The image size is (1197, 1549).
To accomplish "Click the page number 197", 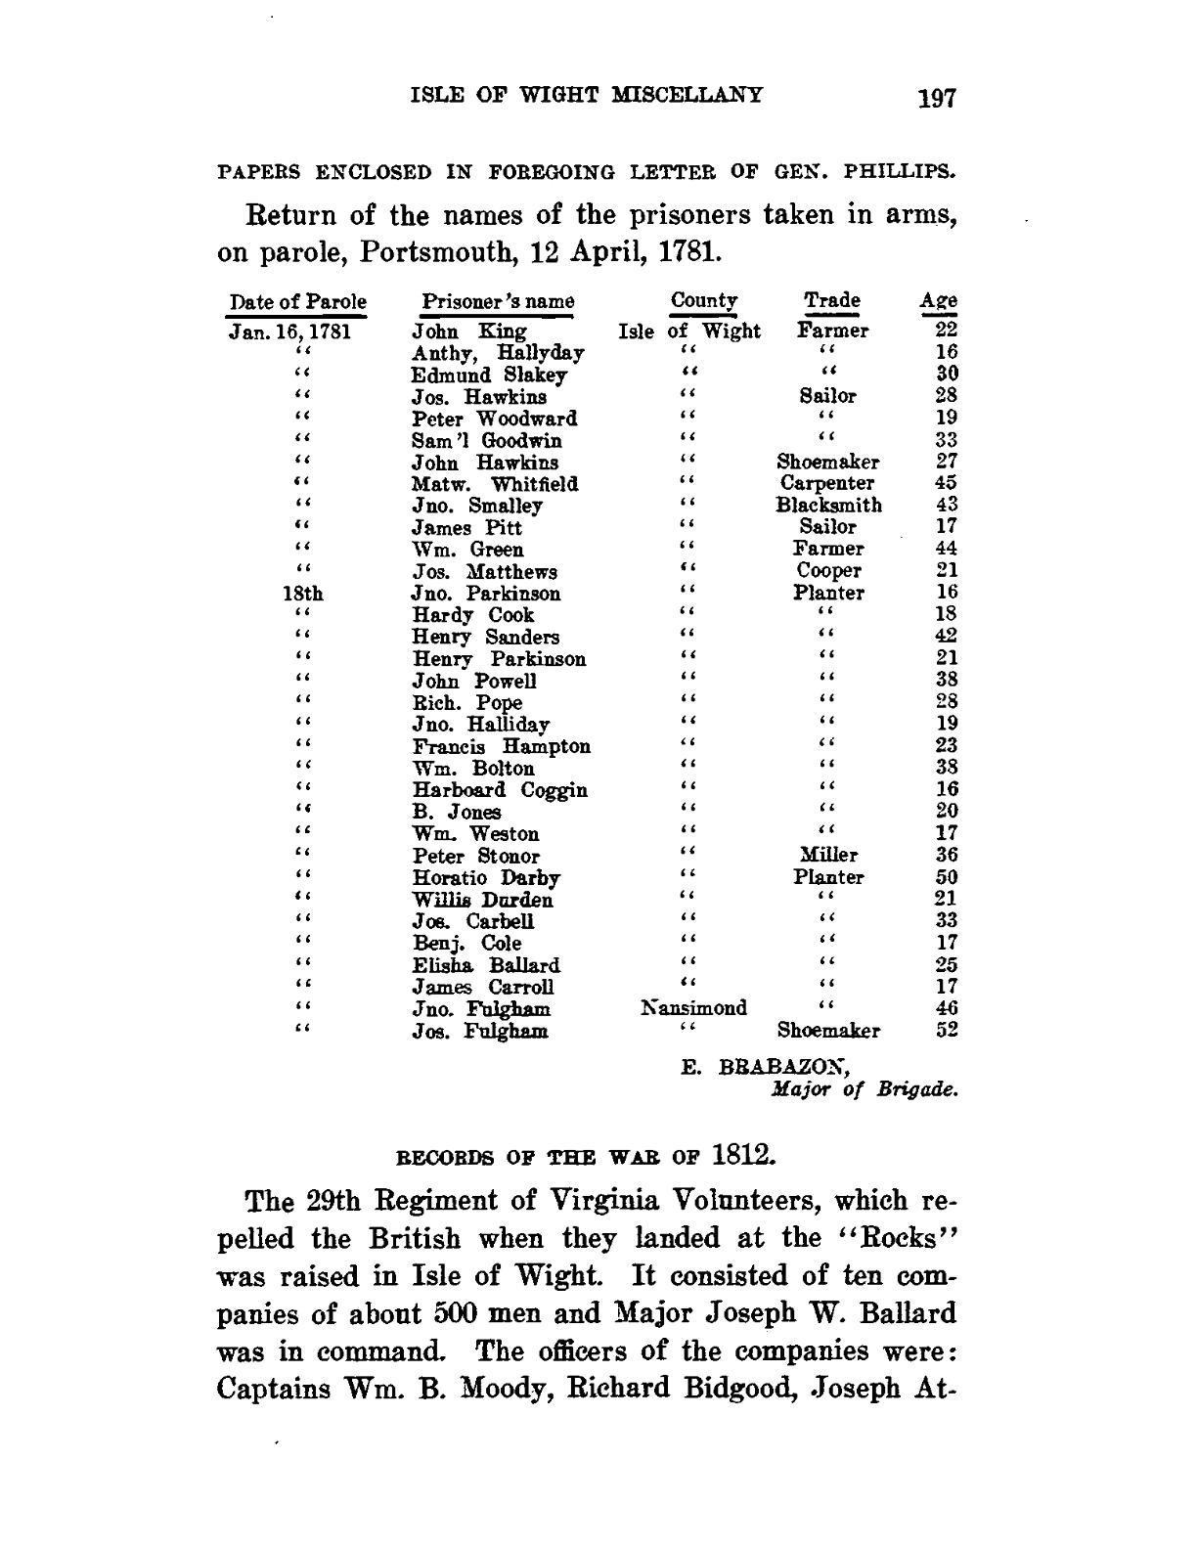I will click(935, 98).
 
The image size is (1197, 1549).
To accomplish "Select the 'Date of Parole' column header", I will click(297, 302).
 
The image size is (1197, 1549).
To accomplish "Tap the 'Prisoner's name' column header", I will click(498, 302).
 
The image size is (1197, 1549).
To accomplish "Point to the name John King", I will click(469, 332).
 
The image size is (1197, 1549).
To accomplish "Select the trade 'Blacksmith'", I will click(828, 506).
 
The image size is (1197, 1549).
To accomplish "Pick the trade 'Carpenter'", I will click(827, 483).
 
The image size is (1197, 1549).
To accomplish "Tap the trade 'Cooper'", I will click(828, 571).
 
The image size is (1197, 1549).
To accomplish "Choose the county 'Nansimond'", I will click(693, 1008).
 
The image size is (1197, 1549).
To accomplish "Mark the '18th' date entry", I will click(302, 594).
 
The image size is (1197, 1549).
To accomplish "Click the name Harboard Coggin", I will click(500, 790).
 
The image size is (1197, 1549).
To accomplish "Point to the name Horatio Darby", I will click(485, 878).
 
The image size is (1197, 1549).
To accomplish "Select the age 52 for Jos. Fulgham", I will click(945, 1030).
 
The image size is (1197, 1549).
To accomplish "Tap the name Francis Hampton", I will click(501, 746).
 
